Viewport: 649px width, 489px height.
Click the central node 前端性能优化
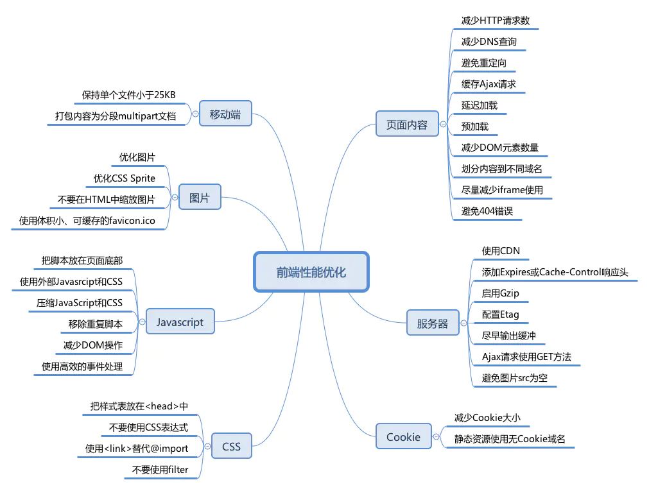pyautogui.click(x=311, y=271)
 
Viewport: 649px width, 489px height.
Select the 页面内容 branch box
pyautogui.click(x=406, y=125)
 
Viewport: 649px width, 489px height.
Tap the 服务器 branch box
pyautogui.click(x=433, y=323)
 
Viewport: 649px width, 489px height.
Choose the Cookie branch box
pyautogui.click(x=403, y=437)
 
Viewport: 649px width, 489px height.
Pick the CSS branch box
pyautogui.click(x=231, y=446)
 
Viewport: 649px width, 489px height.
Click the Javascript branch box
pyautogui.click(x=180, y=322)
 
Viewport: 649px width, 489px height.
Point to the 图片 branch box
pyautogui.click(x=200, y=198)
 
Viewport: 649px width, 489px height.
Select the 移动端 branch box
pyautogui.click(x=225, y=115)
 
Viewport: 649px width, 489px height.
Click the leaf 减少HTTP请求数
pyautogui.click(x=496, y=21)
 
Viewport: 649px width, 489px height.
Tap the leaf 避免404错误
pyautogui.click(x=487, y=211)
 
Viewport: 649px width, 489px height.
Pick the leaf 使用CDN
pyautogui.click(x=501, y=251)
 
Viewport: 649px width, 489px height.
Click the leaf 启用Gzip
pyautogui.click(x=501, y=293)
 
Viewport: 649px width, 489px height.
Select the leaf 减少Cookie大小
pyautogui.click(x=487, y=418)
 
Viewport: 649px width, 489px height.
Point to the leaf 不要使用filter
pyautogui.click(x=160, y=470)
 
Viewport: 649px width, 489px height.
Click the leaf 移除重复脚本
pyautogui.click(x=96, y=324)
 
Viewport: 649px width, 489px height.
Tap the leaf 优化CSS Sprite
pyautogui.click(x=125, y=178)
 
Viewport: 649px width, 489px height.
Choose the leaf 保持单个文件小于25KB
pyautogui.click(x=129, y=95)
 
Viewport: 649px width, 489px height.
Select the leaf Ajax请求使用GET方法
pyautogui.click(x=526, y=357)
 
